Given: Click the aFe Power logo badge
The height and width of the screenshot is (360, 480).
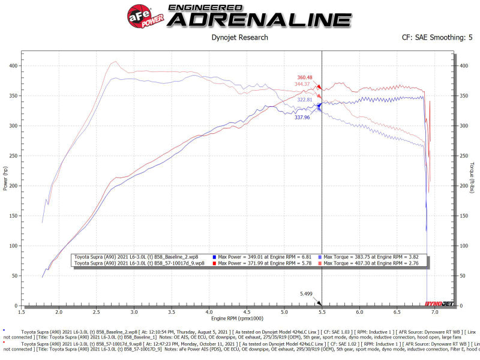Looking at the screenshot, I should coord(139,14).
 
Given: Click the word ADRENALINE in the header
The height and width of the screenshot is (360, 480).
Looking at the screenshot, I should coord(259,19).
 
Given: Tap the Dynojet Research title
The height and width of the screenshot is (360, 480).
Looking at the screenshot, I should coord(240,38).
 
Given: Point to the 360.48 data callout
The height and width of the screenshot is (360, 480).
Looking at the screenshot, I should coord(305,77).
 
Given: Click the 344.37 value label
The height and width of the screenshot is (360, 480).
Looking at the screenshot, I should coord(305,84).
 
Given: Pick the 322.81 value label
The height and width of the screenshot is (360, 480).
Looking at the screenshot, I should coord(305,99).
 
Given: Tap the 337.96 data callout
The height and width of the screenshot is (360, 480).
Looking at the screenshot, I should coord(302,118).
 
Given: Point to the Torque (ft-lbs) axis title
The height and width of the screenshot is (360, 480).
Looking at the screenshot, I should coord(472,178).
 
